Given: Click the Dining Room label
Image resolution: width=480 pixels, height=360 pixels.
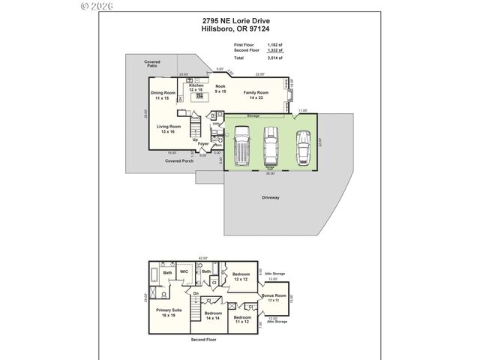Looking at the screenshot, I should (x=163, y=95).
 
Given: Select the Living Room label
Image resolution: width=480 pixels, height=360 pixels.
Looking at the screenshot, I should (x=169, y=129).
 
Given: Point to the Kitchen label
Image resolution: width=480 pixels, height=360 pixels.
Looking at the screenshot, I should (x=196, y=88).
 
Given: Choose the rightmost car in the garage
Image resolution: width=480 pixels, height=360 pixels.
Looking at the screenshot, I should (x=302, y=147).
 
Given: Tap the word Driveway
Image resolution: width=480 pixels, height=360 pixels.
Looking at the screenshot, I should (x=271, y=197).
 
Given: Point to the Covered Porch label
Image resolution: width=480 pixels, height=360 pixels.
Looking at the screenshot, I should (x=179, y=161).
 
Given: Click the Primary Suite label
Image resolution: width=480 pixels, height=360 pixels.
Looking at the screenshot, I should (x=169, y=311).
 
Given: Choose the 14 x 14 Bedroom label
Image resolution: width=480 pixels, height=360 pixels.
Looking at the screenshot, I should (x=213, y=315).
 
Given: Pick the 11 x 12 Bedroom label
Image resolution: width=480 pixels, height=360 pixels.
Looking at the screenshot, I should (x=241, y=319).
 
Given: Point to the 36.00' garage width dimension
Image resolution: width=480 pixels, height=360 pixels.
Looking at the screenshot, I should (x=270, y=173).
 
